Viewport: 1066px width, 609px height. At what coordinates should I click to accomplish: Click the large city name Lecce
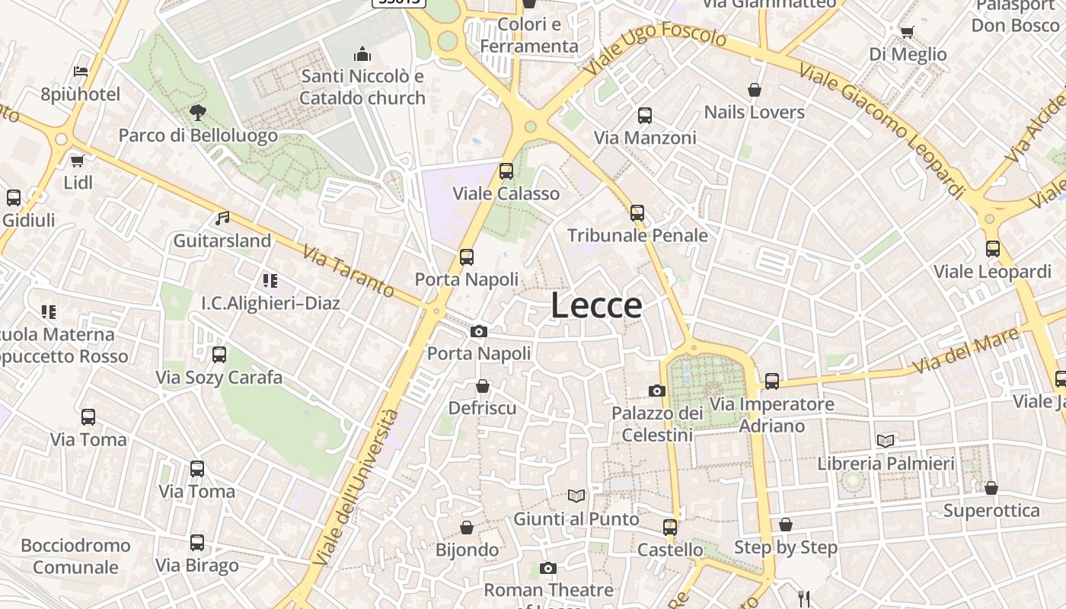(x=596, y=306)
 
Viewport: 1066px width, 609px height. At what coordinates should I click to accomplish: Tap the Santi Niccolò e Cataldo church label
(x=362, y=87)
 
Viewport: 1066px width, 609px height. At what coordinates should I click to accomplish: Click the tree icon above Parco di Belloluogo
(x=198, y=113)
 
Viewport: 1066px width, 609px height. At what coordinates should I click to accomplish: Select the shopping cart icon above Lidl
(x=77, y=161)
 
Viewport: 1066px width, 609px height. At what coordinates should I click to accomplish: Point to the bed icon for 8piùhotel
(x=81, y=72)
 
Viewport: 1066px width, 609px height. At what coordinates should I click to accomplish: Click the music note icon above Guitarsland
(x=222, y=218)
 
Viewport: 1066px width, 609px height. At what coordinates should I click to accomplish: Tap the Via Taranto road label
(x=348, y=271)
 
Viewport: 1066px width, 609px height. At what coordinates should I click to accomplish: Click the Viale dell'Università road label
(x=356, y=487)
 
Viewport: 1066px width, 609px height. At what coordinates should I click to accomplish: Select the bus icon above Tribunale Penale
(x=637, y=213)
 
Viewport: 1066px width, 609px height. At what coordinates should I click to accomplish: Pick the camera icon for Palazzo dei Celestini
(x=656, y=391)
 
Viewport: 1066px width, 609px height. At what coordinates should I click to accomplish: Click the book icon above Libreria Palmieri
(x=886, y=441)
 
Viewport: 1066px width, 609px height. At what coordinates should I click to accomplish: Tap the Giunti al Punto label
(x=576, y=519)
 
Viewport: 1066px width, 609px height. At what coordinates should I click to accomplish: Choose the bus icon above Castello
(x=670, y=527)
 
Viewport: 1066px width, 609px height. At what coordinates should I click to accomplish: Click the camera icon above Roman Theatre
(x=547, y=568)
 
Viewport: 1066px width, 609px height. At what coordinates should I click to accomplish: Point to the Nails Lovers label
(x=754, y=112)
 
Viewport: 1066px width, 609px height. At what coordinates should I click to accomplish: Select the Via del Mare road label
(x=965, y=351)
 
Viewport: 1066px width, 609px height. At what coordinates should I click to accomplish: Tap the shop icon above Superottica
(x=991, y=488)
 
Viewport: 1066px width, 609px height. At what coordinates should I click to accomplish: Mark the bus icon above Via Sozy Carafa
(x=219, y=355)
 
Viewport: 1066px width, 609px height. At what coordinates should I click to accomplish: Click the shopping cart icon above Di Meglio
(x=907, y=32)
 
